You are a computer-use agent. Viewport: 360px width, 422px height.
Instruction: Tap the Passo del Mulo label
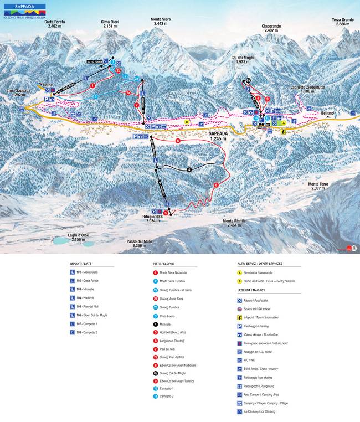pyautogui.click(x=139, y=244)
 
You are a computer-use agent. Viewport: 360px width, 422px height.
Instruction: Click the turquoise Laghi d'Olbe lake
pyautogui.click(x=65, y=241)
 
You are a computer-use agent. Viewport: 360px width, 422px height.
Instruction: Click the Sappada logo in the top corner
pyautogui.click(x=22, y=8)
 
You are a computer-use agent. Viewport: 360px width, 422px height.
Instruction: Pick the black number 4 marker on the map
pyautogui.click(x=189, y=169)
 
